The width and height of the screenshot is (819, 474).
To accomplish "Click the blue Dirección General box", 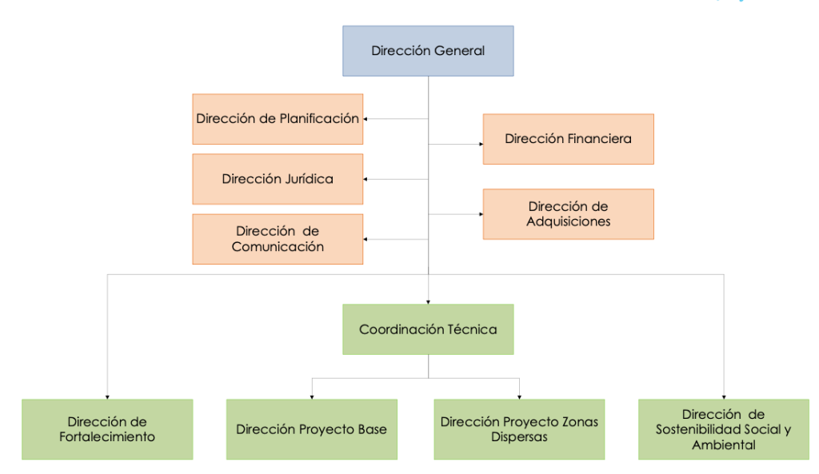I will coord(428,51).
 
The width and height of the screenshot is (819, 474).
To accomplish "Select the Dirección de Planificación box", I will coord(278,118).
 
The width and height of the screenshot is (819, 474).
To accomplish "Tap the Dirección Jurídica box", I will coord(278,179).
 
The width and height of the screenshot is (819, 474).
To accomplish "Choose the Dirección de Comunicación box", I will coord(278,239).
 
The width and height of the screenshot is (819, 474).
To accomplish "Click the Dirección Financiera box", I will coord(568,139).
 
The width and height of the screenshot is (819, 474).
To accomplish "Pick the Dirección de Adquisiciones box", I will coord(568,214).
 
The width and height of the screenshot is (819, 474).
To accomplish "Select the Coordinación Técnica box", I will coord(428,329).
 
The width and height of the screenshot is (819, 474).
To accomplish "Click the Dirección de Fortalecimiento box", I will coord(107,429).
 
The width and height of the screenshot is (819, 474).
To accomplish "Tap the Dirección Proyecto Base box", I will coord(311,429).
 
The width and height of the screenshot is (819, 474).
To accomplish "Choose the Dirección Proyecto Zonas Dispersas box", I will coord(519,429).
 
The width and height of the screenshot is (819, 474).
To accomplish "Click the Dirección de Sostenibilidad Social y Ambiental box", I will coord(723,429).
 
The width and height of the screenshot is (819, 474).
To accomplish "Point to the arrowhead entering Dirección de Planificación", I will coord(366,119).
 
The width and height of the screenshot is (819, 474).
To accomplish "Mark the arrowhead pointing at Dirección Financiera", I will coord(480,145).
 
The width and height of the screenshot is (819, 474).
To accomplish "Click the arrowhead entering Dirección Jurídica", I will coord(366,180).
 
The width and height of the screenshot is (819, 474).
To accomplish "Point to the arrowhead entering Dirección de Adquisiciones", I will coord(480,214).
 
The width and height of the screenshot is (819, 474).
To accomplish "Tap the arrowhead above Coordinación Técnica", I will coord(428,301).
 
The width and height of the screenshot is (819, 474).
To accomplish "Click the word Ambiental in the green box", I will coord(723,445).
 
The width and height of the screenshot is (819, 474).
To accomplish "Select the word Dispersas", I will coord(519,437).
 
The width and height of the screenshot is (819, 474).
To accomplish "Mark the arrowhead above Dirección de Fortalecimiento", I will coord(107,396).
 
